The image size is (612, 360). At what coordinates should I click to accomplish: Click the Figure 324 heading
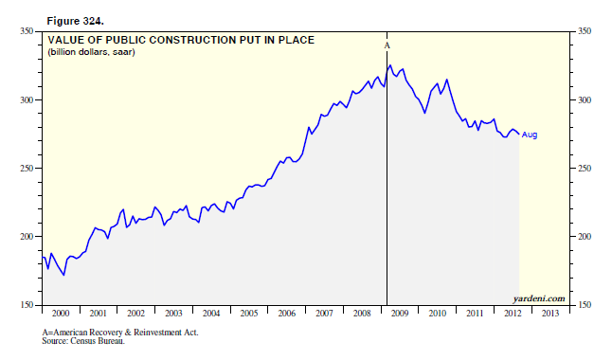click(x=76, y=21)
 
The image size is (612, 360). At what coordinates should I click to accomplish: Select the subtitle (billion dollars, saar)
click(x=91, y=52)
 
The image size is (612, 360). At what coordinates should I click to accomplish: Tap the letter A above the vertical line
click(x=387, y=45)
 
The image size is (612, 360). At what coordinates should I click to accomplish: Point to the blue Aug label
click(x=530, y=135)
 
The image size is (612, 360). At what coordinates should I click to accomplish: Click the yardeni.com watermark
click(x=539, y=298)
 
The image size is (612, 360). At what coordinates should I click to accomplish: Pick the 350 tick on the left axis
click(x=27, y=31)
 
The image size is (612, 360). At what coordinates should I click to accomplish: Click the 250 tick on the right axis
click(x=585, y=169)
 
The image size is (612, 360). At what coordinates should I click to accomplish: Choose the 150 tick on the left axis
click(x=27, y=305)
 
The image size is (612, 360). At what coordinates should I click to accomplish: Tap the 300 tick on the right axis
click(x=585, y=100)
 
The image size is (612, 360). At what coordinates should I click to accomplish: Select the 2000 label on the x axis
click(x=61, y=314)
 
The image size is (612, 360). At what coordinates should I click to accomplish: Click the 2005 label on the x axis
click(x=249, y=314)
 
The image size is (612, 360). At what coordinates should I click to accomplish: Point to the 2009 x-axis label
click(x=400, y=314)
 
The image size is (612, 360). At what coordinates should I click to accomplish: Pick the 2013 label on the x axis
click(x=550, y=314)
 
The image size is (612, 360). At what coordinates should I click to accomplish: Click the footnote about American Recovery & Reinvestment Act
click(x=120, y=333)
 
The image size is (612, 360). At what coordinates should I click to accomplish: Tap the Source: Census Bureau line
click(x=83, y=341)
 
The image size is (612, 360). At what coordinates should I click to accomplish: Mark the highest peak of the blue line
click(x=390, y=65)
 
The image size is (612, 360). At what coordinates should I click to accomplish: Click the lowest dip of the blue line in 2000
click(x=63, y=276)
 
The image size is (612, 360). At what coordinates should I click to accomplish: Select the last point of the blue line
click(x=519, y=135)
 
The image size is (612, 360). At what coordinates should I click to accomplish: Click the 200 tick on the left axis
click(x=27, y=237)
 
